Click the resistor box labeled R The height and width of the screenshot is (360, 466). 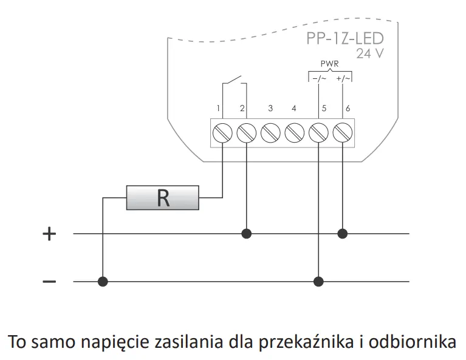pos(162,198)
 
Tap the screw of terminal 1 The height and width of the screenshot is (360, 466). pos(222,132)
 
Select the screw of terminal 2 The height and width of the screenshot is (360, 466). pos(246,132)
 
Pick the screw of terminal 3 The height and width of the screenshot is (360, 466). pos(270,132)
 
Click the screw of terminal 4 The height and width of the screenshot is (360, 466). pos(294,132)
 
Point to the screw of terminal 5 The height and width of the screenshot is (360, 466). pos(318,132)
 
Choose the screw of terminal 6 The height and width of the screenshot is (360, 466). pos(343,132)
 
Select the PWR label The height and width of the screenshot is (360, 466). pos(329,64)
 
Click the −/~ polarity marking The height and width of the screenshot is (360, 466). pos(319,78)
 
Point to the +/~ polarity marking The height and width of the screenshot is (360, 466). pos(343,78)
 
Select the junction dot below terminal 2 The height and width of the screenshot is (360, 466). pos(246,233)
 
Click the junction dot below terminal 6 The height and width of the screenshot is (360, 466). pos(343,233)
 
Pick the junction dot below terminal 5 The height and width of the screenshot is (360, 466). pos(318,281)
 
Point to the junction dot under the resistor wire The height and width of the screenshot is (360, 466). pos(103,281)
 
